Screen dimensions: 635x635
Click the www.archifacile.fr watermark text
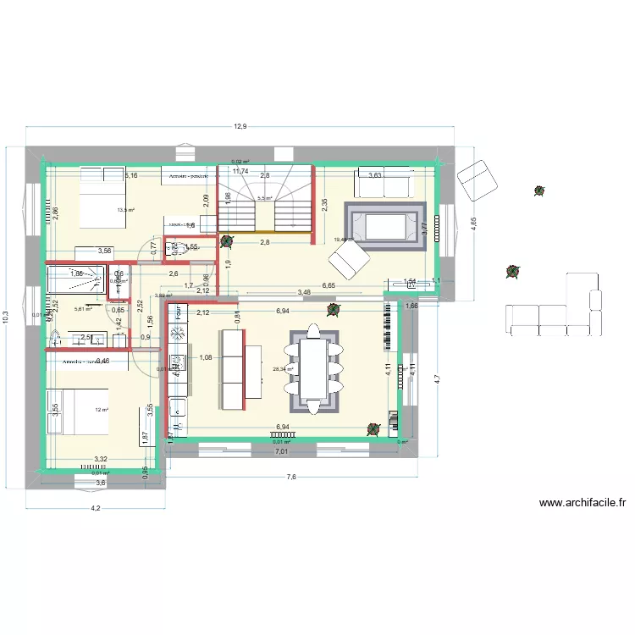click(583, 503)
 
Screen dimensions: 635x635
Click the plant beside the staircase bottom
click(226, 240)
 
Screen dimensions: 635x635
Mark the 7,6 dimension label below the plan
click(290, 478)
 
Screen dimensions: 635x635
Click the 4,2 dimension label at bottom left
click(96, 508)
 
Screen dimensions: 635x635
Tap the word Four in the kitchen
click(179, 311)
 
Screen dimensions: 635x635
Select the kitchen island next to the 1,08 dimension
click(234, 369)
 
